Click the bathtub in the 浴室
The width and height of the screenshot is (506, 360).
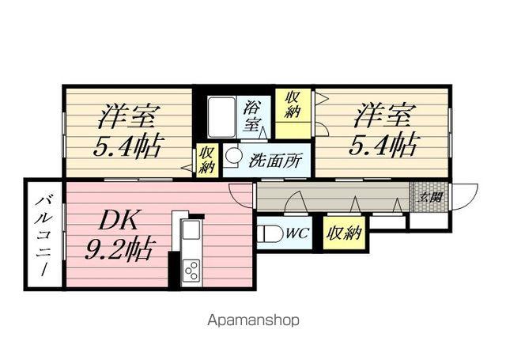(x=221, y=117)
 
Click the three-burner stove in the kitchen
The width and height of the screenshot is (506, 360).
(x=191, y=271)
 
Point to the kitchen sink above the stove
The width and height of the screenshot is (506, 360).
(x=191, y=230)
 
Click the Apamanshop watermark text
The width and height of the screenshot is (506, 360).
(x=253, y=320)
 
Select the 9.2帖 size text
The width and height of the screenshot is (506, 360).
(x=118, y=249)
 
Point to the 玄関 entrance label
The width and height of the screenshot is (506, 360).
(x=429, y=197)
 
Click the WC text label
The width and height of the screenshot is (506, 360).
(x=297, y=233)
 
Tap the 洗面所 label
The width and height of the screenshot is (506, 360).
(x=275, y=160)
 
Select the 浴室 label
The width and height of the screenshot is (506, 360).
(x=252, y=116)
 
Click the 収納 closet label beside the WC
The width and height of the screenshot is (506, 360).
(x=343, y=233)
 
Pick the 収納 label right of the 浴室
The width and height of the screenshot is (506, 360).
(x=293, y=104)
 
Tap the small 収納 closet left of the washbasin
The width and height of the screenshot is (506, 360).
(x=207, y=160)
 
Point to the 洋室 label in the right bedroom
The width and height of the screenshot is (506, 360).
(x=383, y=116)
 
